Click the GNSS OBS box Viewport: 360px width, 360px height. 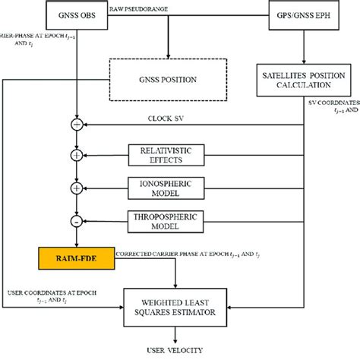click(76, 16)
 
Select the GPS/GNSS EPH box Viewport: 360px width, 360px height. click(303, 16)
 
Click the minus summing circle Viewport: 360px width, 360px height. click(75, 220)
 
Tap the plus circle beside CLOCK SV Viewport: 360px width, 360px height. click(75, 123)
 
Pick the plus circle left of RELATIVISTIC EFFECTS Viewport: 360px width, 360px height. click(75, 156)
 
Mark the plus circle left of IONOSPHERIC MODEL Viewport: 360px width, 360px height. click(75, 188)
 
